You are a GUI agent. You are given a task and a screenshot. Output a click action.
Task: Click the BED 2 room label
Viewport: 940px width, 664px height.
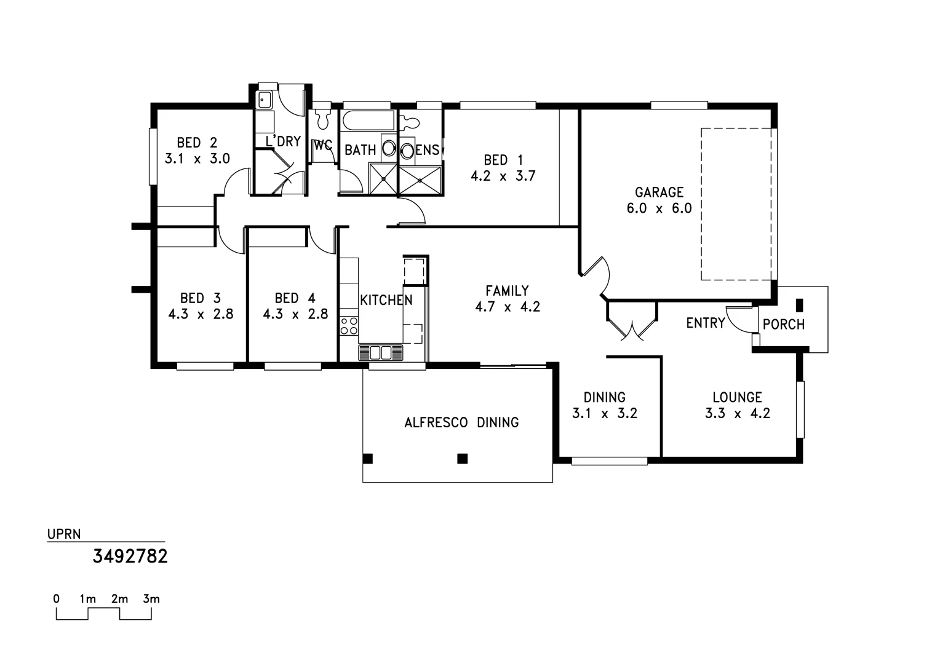[x=197, y=143]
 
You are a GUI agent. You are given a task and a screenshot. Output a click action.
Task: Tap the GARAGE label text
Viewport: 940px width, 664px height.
[x=659, y=192]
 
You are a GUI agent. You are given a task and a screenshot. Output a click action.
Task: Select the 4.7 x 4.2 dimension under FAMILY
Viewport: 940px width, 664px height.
[x=507, y=307]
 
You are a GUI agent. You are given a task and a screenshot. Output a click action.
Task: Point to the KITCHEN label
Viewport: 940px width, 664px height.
[x=386, y=300]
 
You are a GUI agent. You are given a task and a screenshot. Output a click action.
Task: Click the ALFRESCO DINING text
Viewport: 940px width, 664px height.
[x=461, y=422]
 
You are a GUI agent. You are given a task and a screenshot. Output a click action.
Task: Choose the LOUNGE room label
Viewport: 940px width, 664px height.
[x=737, y=397]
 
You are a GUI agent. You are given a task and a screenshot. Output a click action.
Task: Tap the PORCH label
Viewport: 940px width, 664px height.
[x=783, y=324]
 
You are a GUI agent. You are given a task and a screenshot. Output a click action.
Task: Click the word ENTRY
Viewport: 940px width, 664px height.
[x=706, y=323]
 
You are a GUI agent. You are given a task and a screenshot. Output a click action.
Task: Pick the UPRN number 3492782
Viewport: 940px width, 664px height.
[x=130, y=556]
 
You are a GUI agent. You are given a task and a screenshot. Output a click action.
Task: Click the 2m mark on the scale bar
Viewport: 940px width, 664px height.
[x=119, y=599]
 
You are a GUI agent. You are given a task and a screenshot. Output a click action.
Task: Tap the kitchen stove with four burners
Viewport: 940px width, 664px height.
[x=349, y=325]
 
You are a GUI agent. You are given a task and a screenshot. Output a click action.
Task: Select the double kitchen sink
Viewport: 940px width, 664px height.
[x=380, y=352]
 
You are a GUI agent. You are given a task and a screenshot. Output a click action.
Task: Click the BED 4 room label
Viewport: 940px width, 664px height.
[x=295, y=298]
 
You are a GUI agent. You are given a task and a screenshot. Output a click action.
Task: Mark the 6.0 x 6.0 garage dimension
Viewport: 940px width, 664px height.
[x=659, y=208]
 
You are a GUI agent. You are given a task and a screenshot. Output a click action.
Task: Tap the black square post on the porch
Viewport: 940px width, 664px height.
[x=800, y=304]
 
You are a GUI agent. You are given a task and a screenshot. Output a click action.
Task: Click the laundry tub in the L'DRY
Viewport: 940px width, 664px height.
[x=265, y=98]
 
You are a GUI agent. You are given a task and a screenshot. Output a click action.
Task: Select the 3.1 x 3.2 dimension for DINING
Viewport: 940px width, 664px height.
[x=604, y=413]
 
